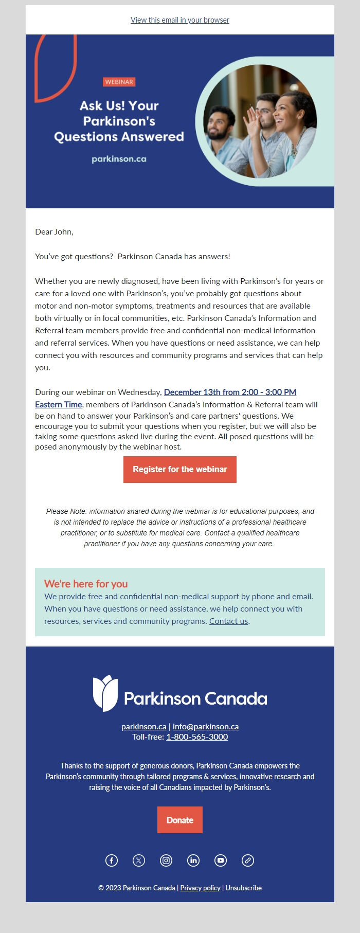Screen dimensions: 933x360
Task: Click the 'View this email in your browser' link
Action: [179, 20]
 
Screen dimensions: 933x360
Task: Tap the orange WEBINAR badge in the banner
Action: [119, 82]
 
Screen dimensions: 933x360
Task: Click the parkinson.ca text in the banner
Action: [119, 159]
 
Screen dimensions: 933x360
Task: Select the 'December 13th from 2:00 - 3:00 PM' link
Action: [230, 392]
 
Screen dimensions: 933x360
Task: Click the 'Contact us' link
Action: [228, 621]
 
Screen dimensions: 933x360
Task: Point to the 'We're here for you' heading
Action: [86, 584]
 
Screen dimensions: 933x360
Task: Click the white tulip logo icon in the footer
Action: [105, 693]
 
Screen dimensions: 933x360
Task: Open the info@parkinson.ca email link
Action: [206, 726]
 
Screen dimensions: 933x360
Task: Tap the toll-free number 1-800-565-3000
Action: [197, 737]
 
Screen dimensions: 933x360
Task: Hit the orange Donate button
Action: [179, 820]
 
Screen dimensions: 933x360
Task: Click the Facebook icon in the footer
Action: [112, 860]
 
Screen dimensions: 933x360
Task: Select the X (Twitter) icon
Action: [139, 860]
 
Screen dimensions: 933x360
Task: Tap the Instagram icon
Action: [166, 860]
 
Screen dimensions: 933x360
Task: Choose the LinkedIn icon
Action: [193, 860]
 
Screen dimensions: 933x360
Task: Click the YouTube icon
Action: [221, 860]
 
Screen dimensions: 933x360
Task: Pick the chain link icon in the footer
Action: [248, 860]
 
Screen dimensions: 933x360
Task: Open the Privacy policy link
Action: [200, 888]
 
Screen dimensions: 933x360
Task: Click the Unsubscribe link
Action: [243, 888]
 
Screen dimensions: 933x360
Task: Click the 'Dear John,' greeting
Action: [54, 232]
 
